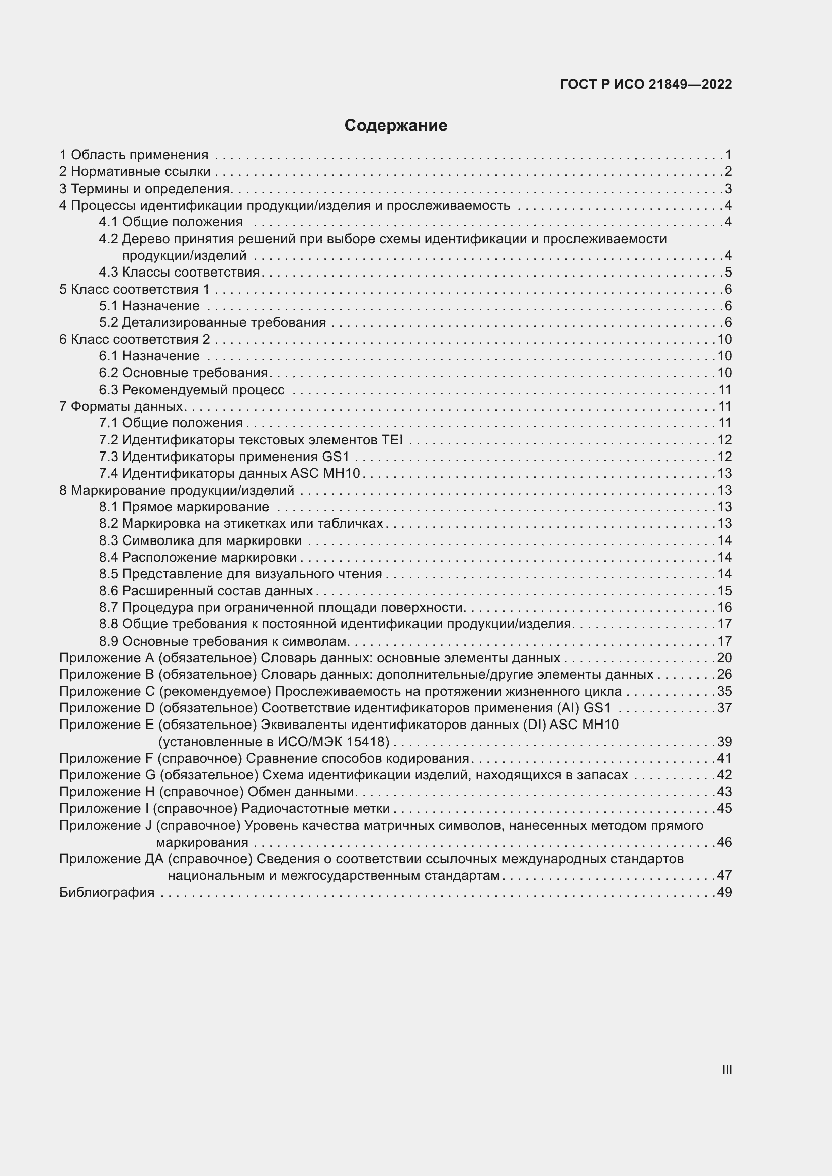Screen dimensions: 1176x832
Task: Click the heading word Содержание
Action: (395, 126)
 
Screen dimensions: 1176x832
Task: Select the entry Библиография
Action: (107, 893)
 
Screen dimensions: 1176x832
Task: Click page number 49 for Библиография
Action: (724, 893)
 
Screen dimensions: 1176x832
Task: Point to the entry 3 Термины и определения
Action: (145, 189)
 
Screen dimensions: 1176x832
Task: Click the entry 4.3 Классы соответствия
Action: (179, 272)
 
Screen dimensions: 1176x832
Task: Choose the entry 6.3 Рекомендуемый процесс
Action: (192, 390)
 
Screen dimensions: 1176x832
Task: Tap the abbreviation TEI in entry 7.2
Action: (392, 440)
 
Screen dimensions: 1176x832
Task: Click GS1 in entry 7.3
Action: (336, 457)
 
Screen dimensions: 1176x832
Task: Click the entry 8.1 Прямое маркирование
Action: (184, 507)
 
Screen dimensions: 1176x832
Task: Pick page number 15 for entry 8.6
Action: (724, 591)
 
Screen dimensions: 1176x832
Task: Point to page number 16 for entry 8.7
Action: (724, 607)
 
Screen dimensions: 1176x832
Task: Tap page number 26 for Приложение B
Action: (724, 675)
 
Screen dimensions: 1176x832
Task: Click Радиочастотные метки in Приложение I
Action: (315, 809)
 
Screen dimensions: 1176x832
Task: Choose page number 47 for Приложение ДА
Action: (724, 875)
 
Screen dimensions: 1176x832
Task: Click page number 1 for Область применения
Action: (728, 155)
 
